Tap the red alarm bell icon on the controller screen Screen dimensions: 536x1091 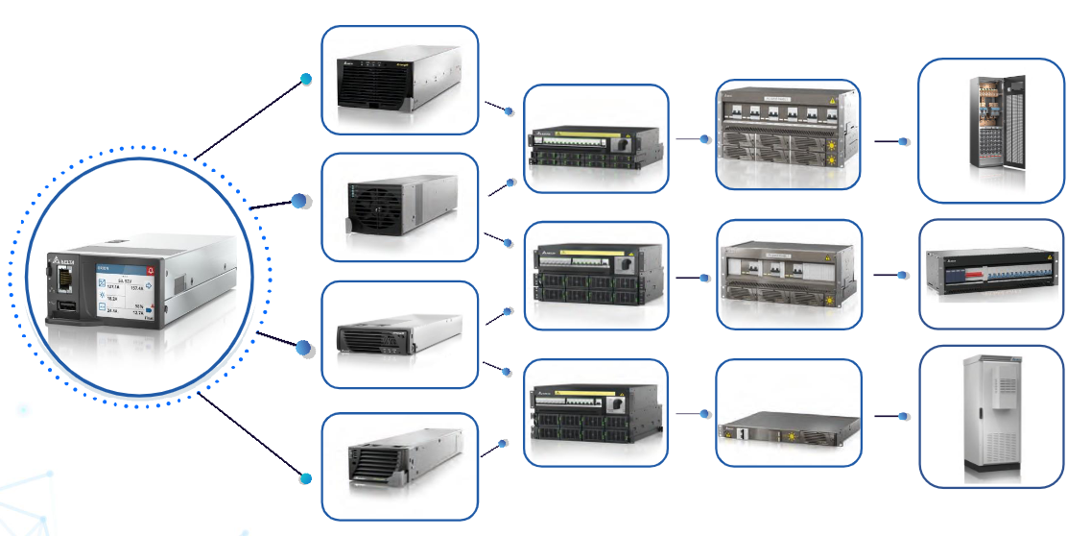point(149,271)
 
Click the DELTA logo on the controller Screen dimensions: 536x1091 point(65,260)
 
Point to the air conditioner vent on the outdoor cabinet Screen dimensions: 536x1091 point(1008,393)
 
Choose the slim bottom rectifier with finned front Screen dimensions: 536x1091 point(398,467)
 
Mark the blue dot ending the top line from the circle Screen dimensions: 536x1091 point(306,79)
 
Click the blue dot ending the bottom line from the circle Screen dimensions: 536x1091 point(306,478)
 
